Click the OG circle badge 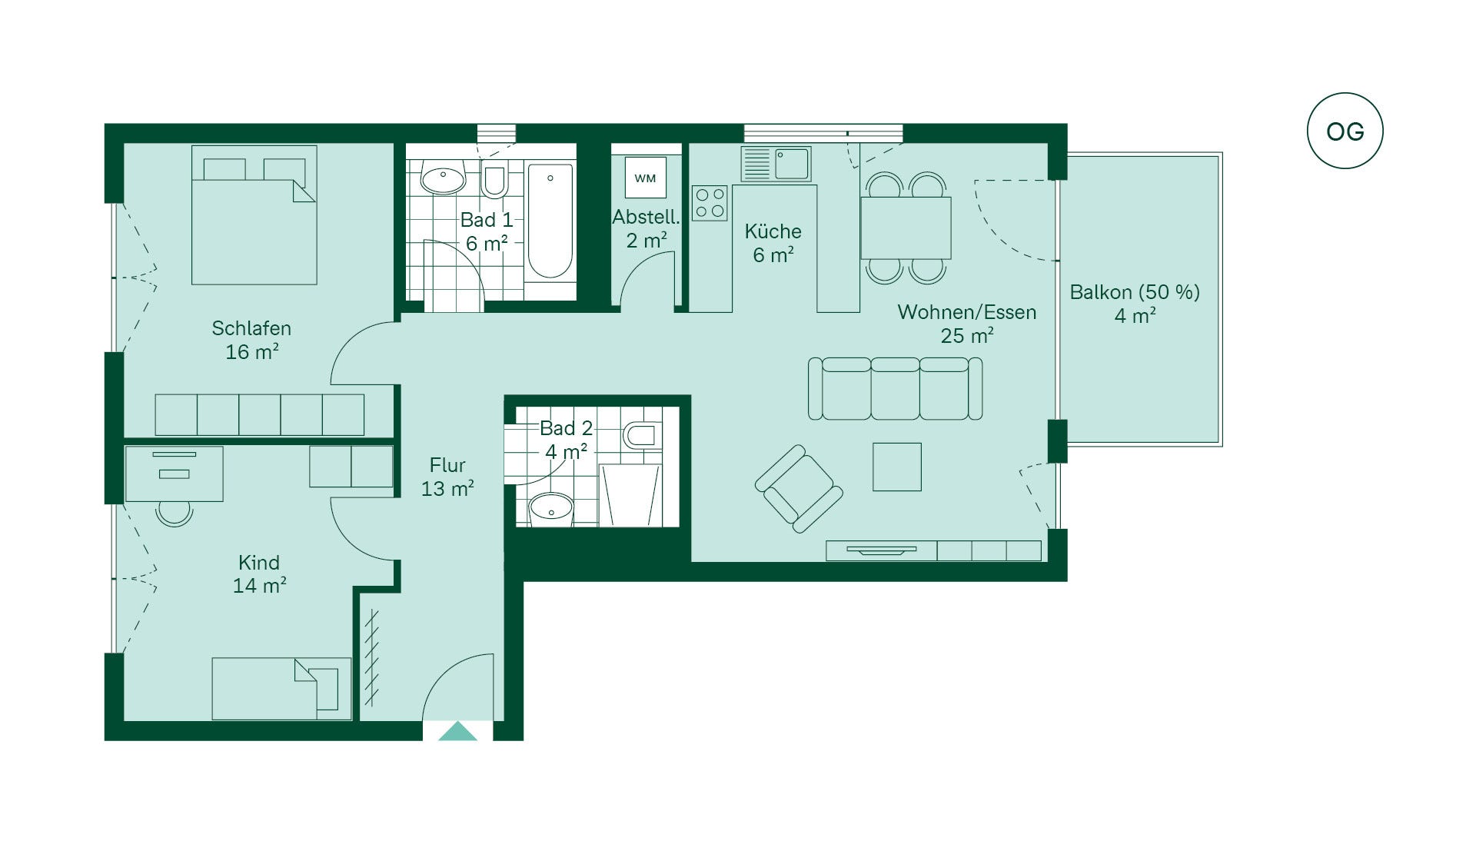[x=1345, y=131]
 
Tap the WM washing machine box [x=645, y=178]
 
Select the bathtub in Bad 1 [x=550, y=221]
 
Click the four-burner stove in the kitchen [x=710, y=203]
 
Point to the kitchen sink [x=776, y=164]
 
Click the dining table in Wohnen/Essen [x=906, y=228]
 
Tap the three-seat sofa [x=895, y=388]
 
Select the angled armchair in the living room [x=799, y=489]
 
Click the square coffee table [x=897, y=467]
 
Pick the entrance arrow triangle [x=457, y=732]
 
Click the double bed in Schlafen [x=254, y=215]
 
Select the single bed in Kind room [x=281, y=688]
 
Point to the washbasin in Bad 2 [x=551, y=508]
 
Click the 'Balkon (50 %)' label [x=1135, y=292]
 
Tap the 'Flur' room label [x=447, y=465]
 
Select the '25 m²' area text [x=967, y=335]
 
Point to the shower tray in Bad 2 [x=630, y=495]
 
